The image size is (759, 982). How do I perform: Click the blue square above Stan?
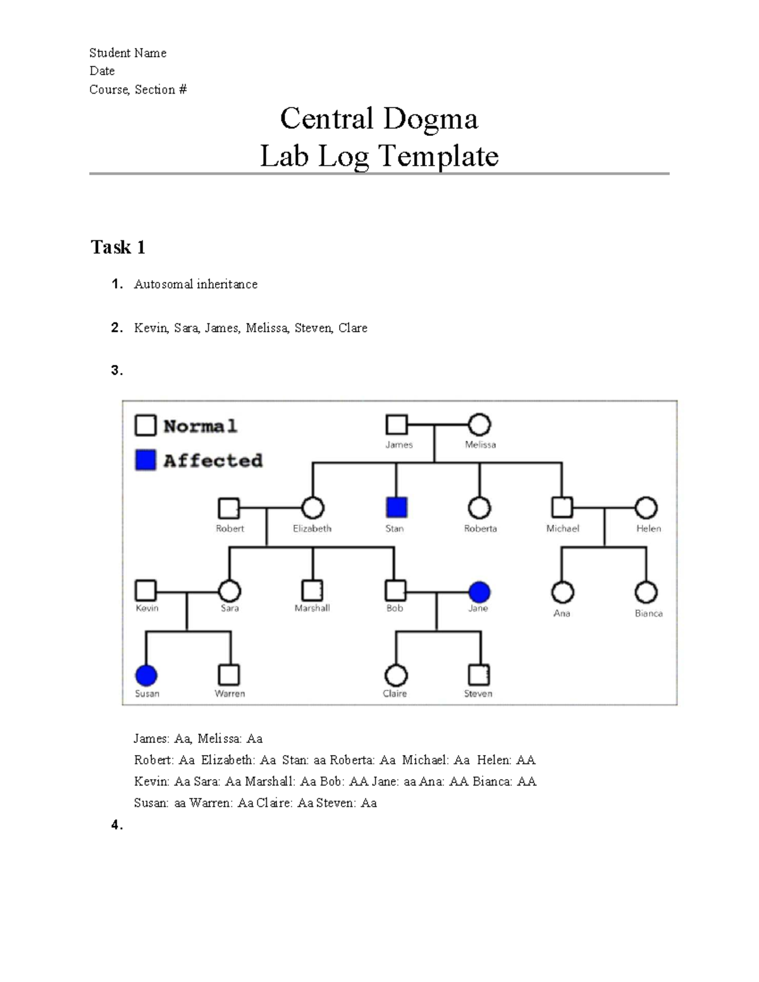pyautogui.click(x=397, y=507)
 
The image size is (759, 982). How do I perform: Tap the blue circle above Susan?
pyautogui.click(x=146, y=675)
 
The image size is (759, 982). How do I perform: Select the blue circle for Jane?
pyautogui.click(x=479, y=592)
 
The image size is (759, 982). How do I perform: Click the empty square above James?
pyautogui.click(x=397, y=424)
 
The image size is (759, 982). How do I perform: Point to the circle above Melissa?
pyautogui.click(x=479, y=424)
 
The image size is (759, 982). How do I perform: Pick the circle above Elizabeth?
pyautogui.click(x=312, y=507)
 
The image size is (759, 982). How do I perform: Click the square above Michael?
pyautogui.click(x=562, y=507)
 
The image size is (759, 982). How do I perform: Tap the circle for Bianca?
pyautogui.click(x=646, y=592)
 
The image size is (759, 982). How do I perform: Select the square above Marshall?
pyautogui.click(x=312, y=591)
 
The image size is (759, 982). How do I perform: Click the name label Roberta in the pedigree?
pyautogui.click(x=480, y=529)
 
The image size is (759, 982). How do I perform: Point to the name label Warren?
pyautogui.click(x=230, y=694)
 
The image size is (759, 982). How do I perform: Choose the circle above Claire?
pyautogui.click(x=396, y=675)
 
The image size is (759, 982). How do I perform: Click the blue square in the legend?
pyautogui.click(x=145, y=460)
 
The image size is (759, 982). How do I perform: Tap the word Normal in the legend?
pyautogui.click(x=201, y=426)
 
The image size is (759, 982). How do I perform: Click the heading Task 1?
pyautogui.click(x=118, y=247)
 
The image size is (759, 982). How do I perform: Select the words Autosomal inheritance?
pyautogui.click(x=195, y=285)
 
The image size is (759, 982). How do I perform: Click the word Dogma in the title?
pyautogui.click(x=430, y=119)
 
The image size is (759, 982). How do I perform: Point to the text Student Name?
pyautogui.click(x=128, y=53)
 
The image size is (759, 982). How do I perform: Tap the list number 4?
pyautogui.click(x=116, y=825)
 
